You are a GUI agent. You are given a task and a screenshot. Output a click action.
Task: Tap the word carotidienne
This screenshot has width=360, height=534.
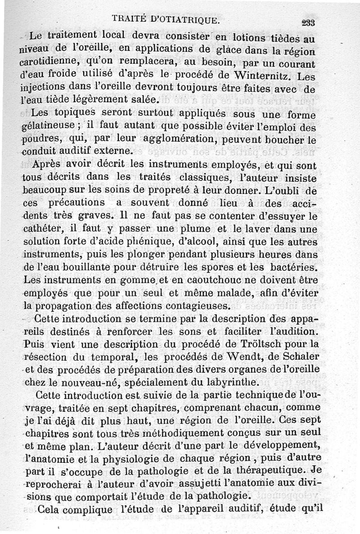pos(49,61)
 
